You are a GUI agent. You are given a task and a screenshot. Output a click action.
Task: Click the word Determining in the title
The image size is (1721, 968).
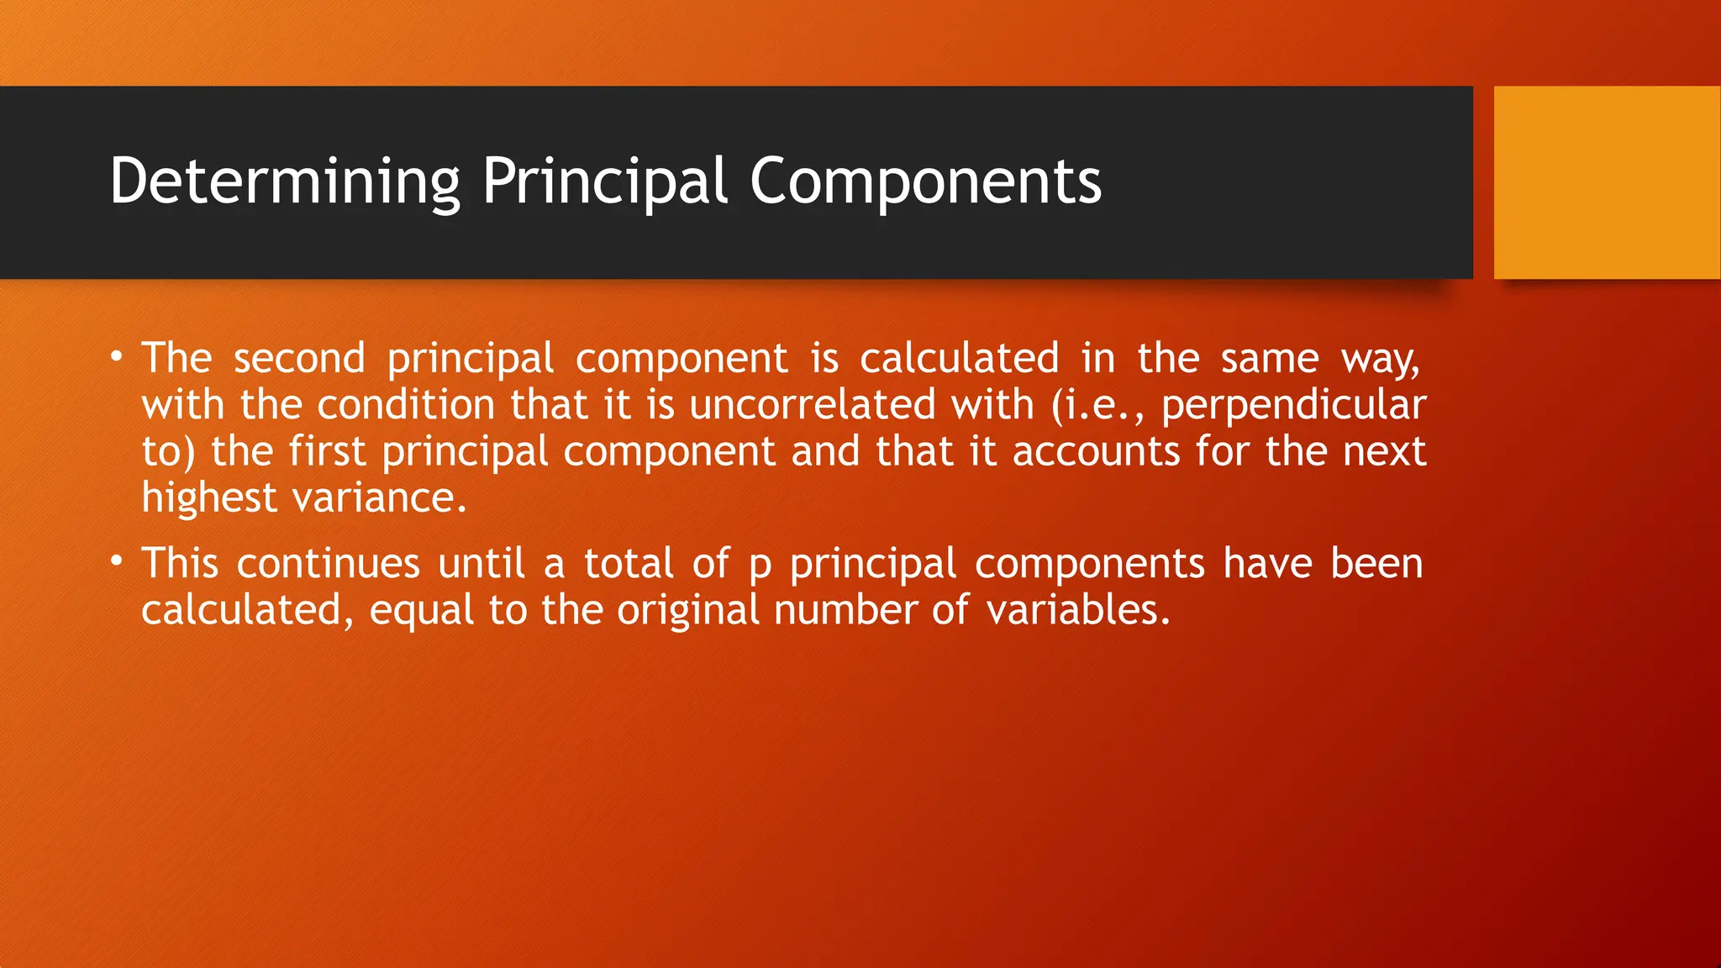[284, 181]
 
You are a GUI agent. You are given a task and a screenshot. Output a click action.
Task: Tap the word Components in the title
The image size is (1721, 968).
[925, 181]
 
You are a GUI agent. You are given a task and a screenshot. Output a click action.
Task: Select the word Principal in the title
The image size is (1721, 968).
[604, 181]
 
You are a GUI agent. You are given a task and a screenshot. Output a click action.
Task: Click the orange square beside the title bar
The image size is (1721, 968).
[1607, 182]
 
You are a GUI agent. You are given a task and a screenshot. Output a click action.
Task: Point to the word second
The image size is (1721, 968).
[299, 359]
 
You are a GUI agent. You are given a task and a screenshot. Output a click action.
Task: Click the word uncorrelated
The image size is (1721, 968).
[812, 405]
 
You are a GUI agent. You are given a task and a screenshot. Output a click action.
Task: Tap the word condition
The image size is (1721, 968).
[406, 405]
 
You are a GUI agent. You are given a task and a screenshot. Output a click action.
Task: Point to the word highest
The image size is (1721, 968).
[209, 498]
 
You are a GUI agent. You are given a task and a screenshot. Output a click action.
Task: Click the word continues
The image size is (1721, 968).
[328, 564]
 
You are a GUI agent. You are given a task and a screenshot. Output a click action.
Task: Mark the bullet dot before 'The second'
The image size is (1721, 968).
[118, 357]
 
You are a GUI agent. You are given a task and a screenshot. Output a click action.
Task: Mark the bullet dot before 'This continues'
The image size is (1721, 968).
[118, 562]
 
